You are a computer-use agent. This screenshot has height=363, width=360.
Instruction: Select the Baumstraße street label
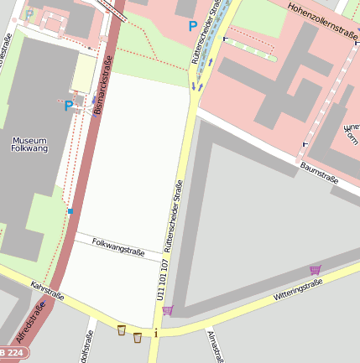[318, 173]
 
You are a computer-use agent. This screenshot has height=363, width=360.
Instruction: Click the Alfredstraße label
[33, 324]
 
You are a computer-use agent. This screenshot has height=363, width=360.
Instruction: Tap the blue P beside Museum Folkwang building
[69, 106]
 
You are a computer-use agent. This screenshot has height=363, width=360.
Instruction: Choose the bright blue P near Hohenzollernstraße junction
[192, 26]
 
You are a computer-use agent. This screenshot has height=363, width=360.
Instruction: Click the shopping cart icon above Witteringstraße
[316, 269]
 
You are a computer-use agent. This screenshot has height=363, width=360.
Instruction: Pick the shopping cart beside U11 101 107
[168, 310]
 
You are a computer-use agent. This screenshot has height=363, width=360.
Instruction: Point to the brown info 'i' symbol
[156, 334]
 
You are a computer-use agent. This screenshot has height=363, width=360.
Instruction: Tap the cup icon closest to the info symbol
[138, 337]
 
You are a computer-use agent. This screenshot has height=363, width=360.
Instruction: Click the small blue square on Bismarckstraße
[70, 211]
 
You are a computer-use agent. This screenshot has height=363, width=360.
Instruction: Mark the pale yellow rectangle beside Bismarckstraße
[84, 74]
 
